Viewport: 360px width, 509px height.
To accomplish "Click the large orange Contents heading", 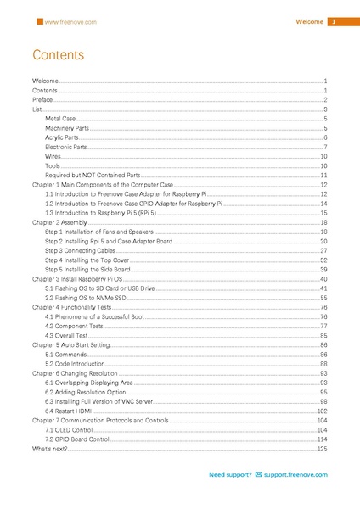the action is [x=58, y=56].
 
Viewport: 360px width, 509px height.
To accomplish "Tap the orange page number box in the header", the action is [x=335, y=21].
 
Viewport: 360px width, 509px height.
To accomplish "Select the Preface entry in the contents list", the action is [x=42, y=100].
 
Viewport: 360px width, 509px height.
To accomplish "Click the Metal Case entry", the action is [x=60, y=119].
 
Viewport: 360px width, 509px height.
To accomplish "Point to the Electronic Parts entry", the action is [x=66, y=147].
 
